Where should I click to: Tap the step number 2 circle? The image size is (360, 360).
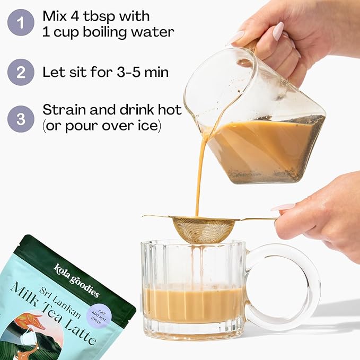point(21,72)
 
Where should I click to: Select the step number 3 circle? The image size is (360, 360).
point(21,119)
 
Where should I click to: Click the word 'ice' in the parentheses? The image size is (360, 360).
point(148,127)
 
